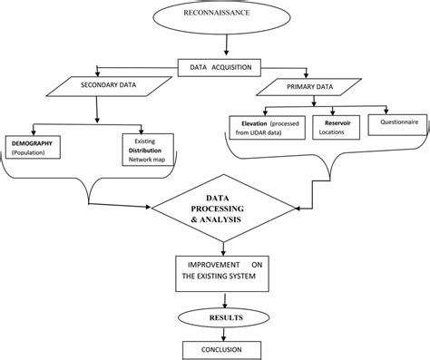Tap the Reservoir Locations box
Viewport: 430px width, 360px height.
point(337,126)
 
